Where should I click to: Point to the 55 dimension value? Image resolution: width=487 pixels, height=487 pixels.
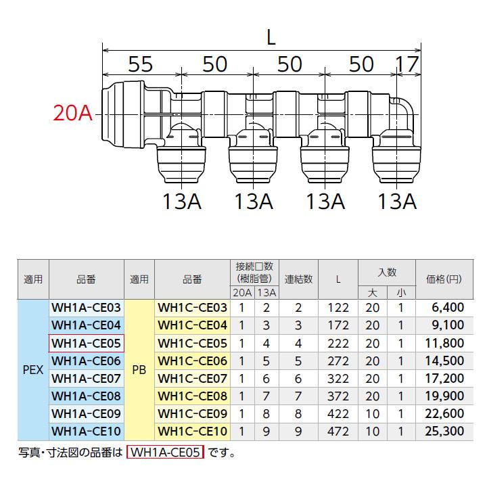[x=140, y=64]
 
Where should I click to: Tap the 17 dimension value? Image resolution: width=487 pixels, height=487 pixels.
[x=408, y=64]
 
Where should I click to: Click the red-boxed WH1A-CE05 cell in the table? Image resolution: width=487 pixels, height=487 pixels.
[x=86, y=342]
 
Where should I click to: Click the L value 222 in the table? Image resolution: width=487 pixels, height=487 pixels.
[x=338, y=342]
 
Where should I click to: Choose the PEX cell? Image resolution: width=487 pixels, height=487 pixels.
[x=33, y=369]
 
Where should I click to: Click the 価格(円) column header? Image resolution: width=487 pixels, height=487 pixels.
[x=443, y=279]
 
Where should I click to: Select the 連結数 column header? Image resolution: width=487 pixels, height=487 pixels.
[x=298, y=279]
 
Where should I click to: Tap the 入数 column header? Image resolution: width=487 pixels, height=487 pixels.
[x=387, y=272]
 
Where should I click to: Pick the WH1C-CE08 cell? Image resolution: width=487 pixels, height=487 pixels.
[x=193, y=395]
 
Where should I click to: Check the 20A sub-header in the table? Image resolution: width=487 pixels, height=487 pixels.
[x=242, y=292]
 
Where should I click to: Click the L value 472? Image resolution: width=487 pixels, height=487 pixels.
[x=338, y=430]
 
